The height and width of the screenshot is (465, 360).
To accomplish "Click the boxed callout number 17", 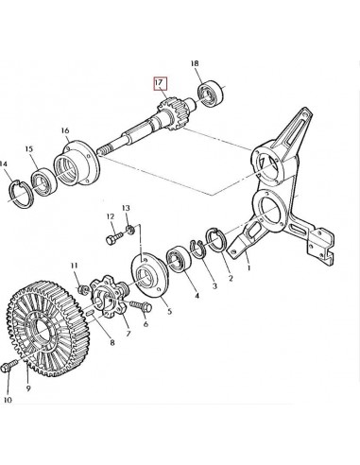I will pyautogui.click(x=159, y=82).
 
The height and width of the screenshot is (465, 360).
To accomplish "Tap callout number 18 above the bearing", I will pyautogui.click(x=196, y=64).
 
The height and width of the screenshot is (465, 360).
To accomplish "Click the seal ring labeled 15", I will pyautogui.click(x=43, y=180).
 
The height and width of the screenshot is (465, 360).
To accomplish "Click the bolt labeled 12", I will pyautogui.click(x=111, y=243).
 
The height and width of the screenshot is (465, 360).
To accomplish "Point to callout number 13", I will pyautogui.click(x=125, y=206).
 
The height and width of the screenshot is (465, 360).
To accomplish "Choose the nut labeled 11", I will pyautogui.click(x=84, y=285).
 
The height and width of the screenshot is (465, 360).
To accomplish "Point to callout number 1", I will pyautogui.click(x=247, y=267).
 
